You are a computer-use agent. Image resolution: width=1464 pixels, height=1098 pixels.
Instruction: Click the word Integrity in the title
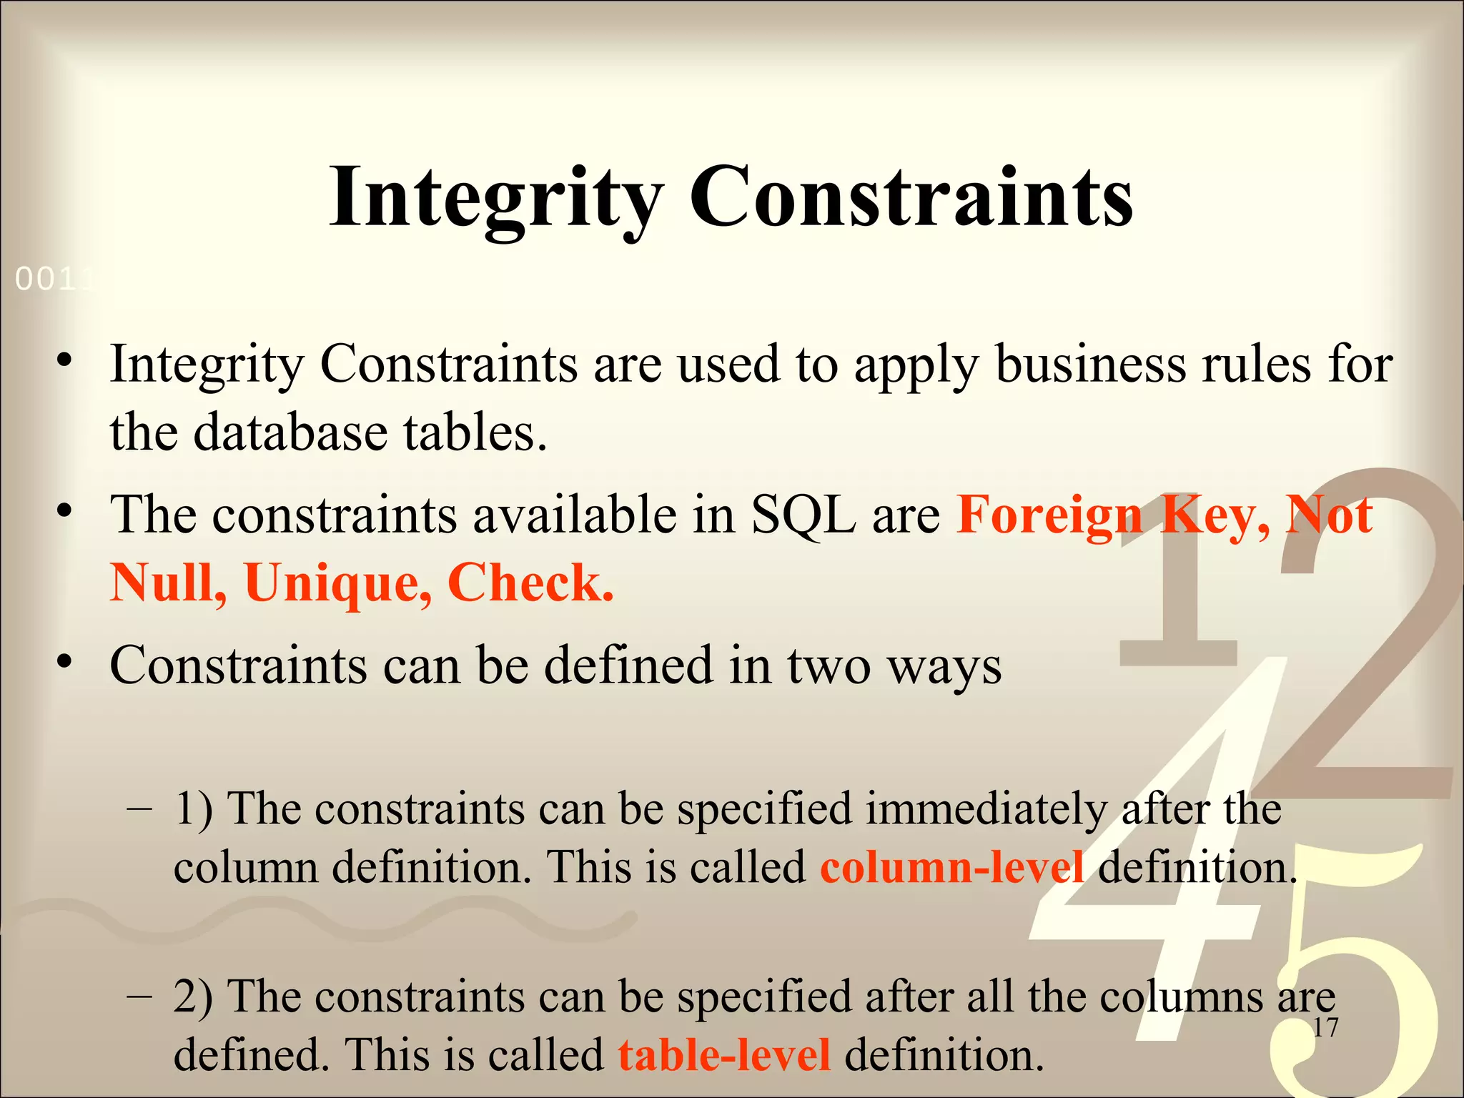[495, 197]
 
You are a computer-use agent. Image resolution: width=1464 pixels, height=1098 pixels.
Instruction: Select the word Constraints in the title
[911, 197]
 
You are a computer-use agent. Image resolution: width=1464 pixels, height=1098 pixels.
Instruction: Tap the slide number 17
[1325, 1028]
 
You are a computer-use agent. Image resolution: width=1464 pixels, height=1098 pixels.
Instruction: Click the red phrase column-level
[951, 867]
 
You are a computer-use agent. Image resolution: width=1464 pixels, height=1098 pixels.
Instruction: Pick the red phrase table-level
[724, 1054]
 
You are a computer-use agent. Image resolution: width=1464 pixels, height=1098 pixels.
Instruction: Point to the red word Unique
[337, 583]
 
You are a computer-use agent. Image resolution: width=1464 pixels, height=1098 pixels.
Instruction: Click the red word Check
[530, 583]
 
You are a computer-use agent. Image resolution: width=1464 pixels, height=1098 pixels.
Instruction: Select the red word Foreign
[1050, 515]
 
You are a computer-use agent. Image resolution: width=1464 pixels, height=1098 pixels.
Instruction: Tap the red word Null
[169, 583]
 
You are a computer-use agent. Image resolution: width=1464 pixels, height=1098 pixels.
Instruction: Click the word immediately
[986, 808]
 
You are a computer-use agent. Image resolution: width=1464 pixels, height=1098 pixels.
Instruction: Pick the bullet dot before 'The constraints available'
[65, 510]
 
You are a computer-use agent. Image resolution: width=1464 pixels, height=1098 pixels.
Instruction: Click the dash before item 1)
[139, 808]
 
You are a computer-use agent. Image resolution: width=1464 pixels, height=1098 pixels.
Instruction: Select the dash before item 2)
[139, 996]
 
